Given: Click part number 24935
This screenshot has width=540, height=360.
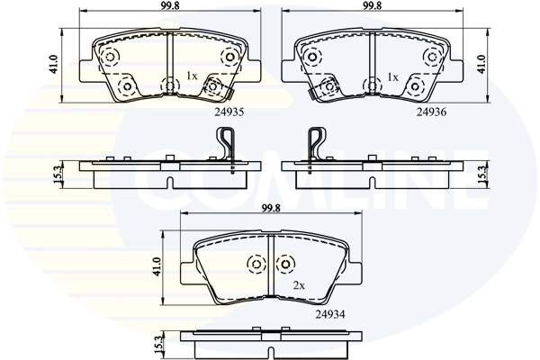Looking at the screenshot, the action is [x=229, y=112].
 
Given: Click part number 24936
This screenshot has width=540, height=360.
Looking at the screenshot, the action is [x=431, y=112].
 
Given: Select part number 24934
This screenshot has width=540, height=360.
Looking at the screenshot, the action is [x=330, y=314].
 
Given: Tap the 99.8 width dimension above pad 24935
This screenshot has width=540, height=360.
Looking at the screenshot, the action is [x=170, y=5].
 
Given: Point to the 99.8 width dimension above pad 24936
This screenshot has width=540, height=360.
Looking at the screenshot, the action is [x=372, y=5].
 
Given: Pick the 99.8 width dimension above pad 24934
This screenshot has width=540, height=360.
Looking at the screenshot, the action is [x=271, y=208].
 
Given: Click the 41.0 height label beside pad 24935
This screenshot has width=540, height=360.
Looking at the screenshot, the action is [x=54, y=64].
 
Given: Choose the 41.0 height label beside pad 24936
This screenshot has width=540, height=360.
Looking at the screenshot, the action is [x=481, y=64].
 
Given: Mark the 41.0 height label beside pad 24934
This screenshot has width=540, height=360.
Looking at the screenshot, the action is [x=157, y=266].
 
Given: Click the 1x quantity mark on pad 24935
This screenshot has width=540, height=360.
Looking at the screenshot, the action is [x=192, y=76].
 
